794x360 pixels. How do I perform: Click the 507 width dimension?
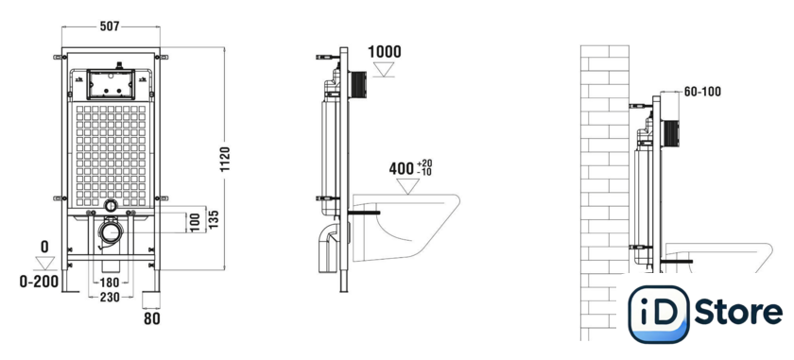point(110,26)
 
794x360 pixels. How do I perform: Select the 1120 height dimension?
point(225,159)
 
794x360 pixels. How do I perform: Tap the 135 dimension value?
point(214,220)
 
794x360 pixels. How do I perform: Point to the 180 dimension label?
point(109,282)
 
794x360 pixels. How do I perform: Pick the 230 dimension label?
point(110,298)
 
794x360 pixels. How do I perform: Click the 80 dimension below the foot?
point(151,319)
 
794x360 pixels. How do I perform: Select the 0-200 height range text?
point(39,282)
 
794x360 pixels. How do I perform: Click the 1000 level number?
point(384,52)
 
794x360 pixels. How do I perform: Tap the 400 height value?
point(402,168)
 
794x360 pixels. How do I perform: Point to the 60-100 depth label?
point(702,92)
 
